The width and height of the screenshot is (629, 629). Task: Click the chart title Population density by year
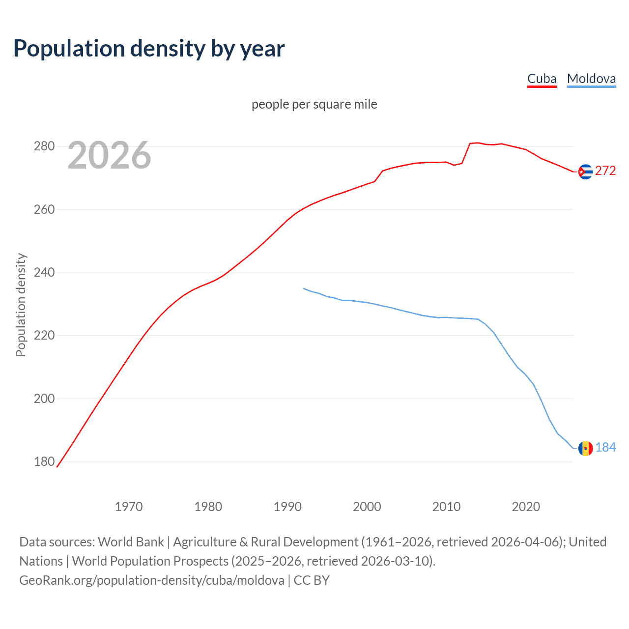pyautogui.click(x=149, y=49)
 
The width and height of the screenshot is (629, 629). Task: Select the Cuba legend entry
pyautogui.click(x=542, y=79)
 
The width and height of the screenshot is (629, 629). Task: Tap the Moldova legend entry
pyautogui.click(x=591, y=79)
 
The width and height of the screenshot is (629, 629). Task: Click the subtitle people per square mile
pyautogui.click(x=314, y=104)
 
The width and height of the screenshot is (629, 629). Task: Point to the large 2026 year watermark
pyautogui.click(x=109, y=155)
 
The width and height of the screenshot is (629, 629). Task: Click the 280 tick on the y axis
pyautogui.click(x=44, y=146)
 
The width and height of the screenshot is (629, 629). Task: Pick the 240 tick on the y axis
pyautogui.click(x=44, y=272)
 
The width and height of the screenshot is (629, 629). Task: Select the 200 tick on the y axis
pyautogui.click(x=44, y=399)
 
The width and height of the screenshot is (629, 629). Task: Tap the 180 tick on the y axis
pyautogui.click(x=44, y=461)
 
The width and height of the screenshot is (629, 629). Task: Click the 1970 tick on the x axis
pyautogui.click(x=129, y=507)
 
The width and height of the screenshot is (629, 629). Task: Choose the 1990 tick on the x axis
pyautogui.click(x=287, y=507)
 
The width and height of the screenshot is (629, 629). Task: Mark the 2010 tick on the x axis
pyautogui.click(x=446, y=507)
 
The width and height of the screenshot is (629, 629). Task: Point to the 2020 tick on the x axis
pyautogui.click(x=526, y=507)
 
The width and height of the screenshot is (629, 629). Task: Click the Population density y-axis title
pyautogui.click(x=21, y=305)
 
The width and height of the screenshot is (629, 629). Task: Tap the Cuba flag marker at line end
pyautogui.click(x=585, y=172)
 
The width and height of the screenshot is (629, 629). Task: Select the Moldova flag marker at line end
pyautogui.click(x=585, y=448)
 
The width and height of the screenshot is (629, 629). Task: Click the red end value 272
pyautogui.click(x=605, y=171)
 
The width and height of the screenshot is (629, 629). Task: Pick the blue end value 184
pyautogui.click(x=605, y=447)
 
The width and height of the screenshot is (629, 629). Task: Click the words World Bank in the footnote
pyautogui.click(x=131, y=542)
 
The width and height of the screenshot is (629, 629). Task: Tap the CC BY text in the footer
pyautogui.click(x=312, y=580)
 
